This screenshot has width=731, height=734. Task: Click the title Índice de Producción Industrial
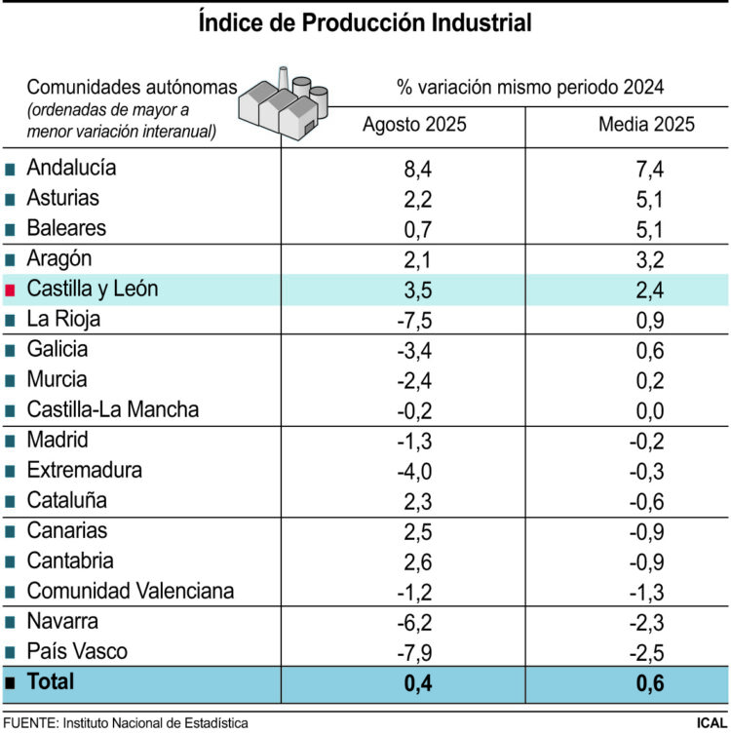(365, 22)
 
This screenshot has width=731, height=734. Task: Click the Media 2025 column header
(646, 125)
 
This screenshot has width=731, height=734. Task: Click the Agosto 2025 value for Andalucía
(417, 168)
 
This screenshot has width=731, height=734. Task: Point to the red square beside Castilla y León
(11, 290)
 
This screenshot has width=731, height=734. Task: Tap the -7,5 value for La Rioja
(415, 320)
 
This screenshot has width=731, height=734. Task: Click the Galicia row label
(58, 350)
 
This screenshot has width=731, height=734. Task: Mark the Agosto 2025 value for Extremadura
(415, 471)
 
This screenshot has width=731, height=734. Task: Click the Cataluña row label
(67, 501)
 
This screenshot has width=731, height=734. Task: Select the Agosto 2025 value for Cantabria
(417, 561)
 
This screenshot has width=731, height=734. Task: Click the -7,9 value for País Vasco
(415, 652)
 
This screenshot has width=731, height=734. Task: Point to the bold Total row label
(51, 682)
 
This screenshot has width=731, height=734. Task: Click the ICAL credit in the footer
(710, 723)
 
